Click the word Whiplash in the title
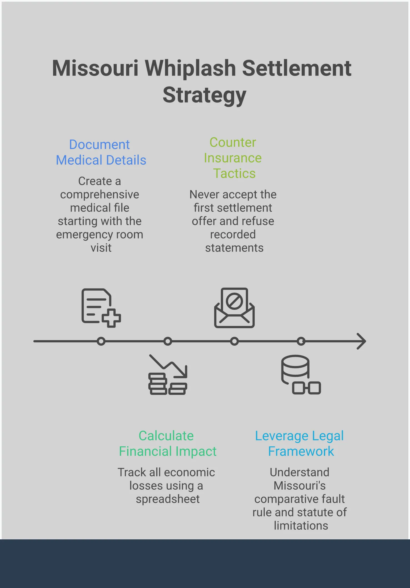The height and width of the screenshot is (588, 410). (190, 68)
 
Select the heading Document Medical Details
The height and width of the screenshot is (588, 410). (101, 152)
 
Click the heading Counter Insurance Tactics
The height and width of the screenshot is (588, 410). (233, 158)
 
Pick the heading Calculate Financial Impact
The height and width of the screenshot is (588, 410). (167, 444)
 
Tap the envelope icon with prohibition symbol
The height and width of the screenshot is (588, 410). (234, 308)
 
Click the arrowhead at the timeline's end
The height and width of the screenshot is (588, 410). (362, 341)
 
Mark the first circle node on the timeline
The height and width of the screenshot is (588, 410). (101, 341)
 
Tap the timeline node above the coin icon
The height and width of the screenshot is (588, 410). (167, 341)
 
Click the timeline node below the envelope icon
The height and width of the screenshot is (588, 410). (234, 341)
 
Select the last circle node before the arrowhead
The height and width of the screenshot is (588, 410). (301, 341)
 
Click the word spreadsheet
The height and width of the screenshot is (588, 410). (167, 499)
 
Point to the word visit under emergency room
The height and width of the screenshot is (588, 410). (101, 248)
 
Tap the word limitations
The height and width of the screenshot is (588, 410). (301, 526)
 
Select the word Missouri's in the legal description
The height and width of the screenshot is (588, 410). (299, 486)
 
